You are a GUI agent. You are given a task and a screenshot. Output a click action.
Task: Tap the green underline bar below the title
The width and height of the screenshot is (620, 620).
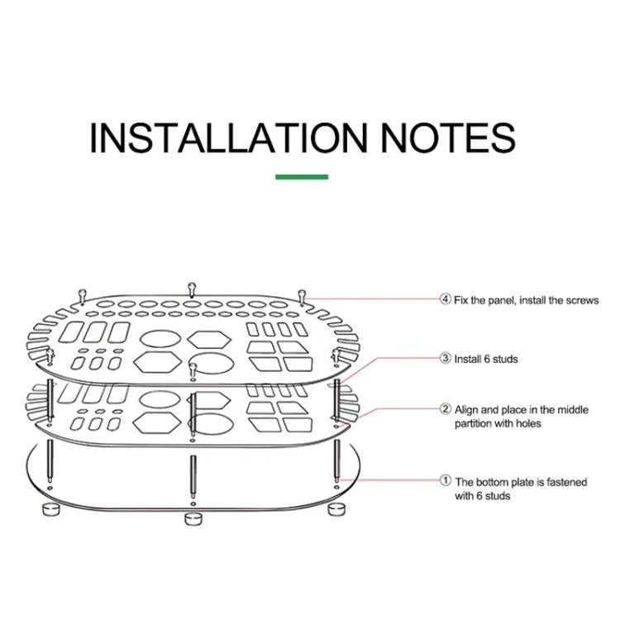coord(302,176)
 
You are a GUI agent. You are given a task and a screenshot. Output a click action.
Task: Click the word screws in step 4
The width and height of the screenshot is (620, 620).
coord(582,300)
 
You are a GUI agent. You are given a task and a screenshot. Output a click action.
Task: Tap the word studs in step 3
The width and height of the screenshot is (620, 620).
coord(504,359)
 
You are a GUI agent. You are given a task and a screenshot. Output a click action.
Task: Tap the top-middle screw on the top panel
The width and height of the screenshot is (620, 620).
coord(192,289)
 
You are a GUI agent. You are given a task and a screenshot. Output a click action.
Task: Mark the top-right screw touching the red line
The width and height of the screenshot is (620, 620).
coord(302,293)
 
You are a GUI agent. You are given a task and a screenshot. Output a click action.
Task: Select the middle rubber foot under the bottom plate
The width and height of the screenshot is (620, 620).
coord(193,519)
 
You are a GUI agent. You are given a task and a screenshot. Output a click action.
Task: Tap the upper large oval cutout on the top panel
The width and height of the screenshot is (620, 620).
coord(160,337)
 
